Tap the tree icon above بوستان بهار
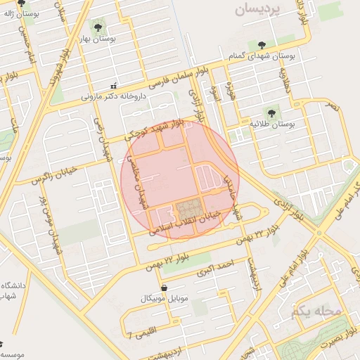(97, 27)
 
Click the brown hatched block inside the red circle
(187, 210)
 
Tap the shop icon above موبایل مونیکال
(164, 288)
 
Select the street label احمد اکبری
(214, 268)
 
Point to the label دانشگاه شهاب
(12, 291)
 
